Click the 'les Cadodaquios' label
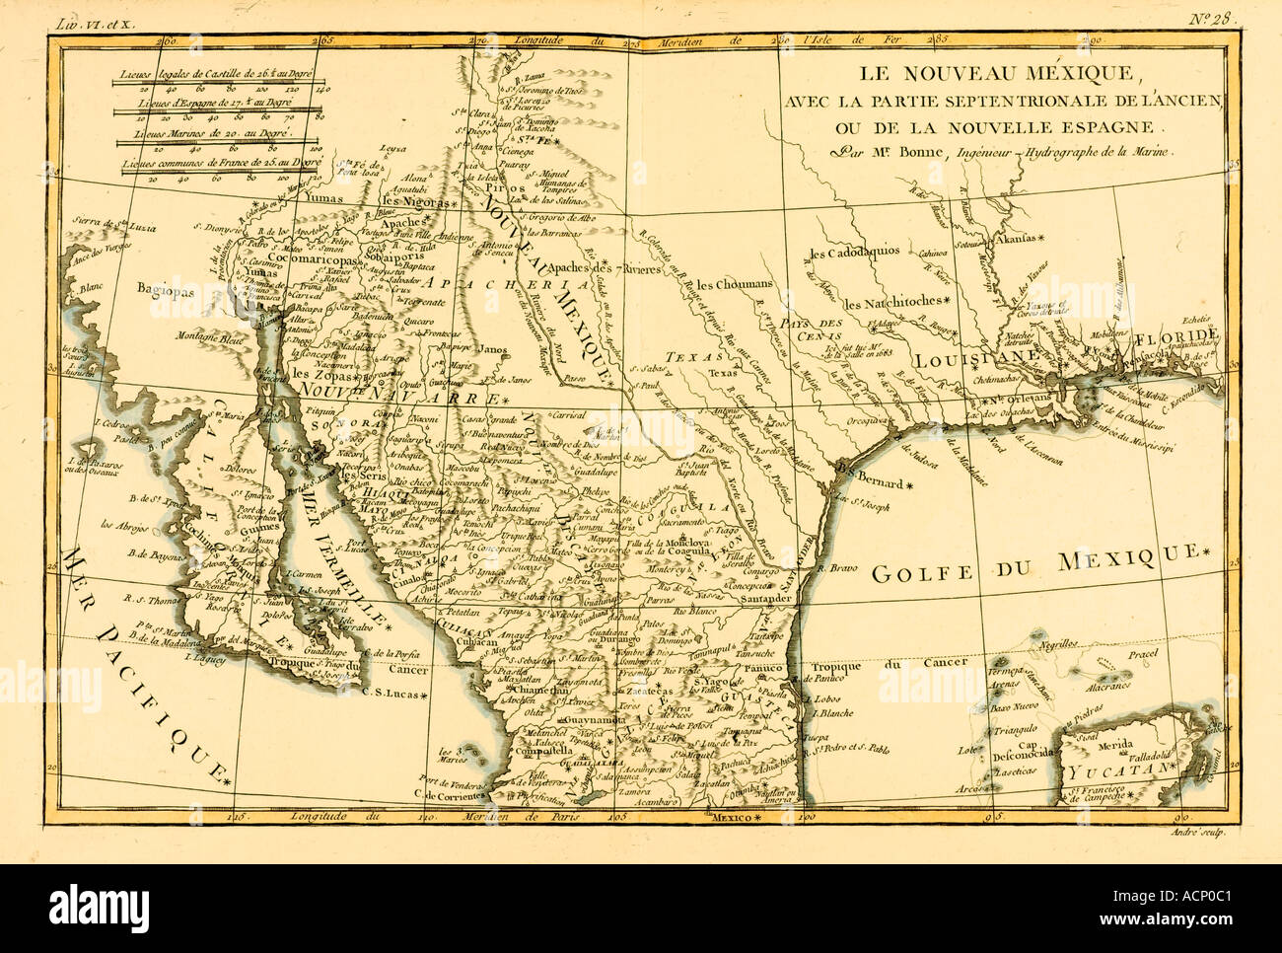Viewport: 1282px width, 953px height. tap(854, 253)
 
